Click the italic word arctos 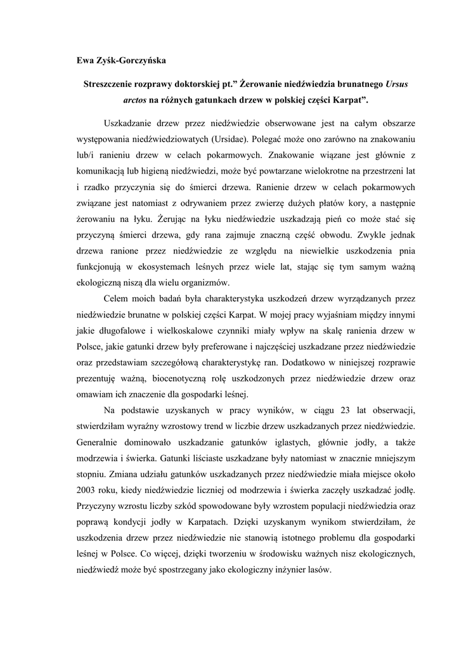click(135, 100)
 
